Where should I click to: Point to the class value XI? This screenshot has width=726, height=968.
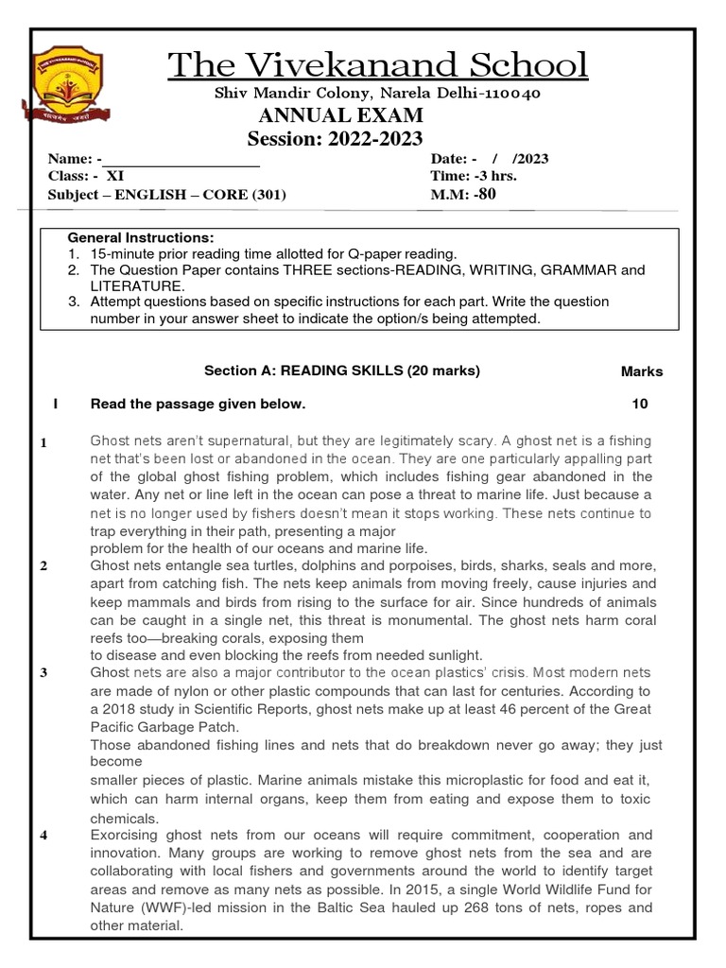tap(114, 177)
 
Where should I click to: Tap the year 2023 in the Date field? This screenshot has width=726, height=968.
tap(531, 159)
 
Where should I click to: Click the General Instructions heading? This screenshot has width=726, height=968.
tap(141, 237)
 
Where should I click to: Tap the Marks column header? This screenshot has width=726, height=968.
tap(642, 372)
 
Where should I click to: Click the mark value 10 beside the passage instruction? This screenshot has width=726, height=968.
tap(640, 405)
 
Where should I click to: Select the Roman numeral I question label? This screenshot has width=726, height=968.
tap(57, 405)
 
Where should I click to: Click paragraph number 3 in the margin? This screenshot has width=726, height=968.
tap(43, 673)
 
